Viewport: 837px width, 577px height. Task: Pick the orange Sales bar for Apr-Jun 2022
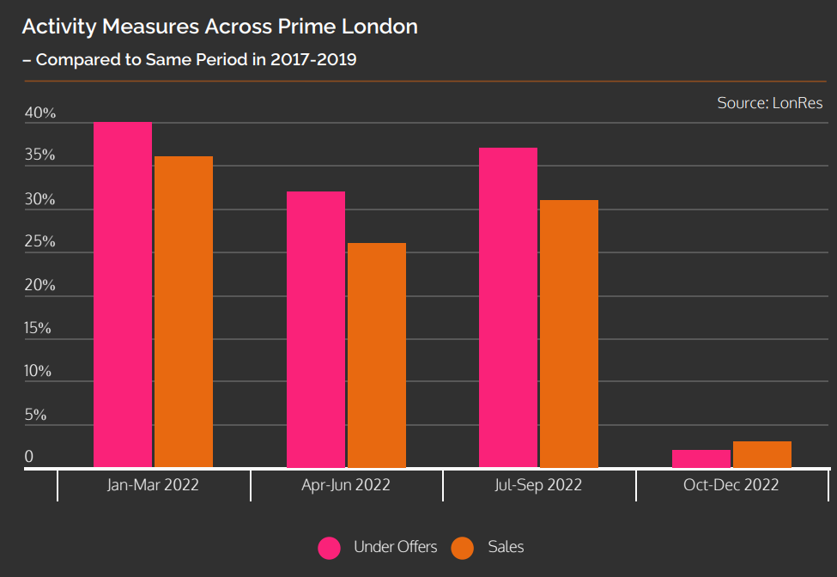377,355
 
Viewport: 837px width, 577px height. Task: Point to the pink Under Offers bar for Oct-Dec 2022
701,459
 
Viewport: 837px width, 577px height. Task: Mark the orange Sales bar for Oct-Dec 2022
762,454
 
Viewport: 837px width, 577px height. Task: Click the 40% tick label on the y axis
39,113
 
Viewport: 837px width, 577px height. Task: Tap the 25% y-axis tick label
39,242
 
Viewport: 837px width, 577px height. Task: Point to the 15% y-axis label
39,329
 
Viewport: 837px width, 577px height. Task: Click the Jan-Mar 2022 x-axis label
153,485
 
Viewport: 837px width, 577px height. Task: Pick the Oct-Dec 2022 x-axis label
731,485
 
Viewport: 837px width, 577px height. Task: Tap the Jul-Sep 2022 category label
538,485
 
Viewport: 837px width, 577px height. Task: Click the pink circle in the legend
330,548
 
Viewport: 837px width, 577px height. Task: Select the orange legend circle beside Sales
463,548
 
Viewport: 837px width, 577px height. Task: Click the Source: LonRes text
770,103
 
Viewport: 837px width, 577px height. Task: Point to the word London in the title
378,27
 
